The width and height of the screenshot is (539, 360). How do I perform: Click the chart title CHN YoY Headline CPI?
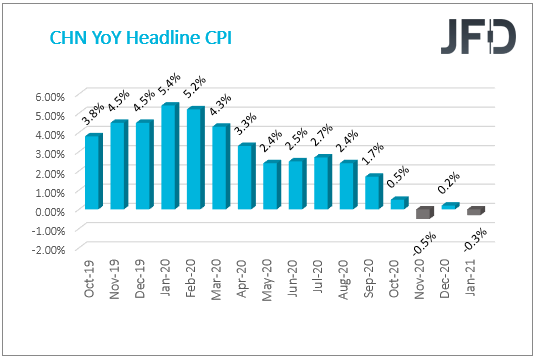pos(134,39)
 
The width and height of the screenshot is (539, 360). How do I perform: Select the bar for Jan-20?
pos(169,157)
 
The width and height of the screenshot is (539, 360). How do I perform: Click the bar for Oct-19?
pos(93,172)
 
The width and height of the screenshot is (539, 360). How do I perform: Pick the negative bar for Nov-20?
pos(424,213)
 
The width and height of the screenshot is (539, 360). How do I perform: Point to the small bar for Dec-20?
pos(449,206)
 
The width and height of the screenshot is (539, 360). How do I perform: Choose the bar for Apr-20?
pos(245,177)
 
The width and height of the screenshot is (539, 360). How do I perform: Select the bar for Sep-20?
pos(373,192)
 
